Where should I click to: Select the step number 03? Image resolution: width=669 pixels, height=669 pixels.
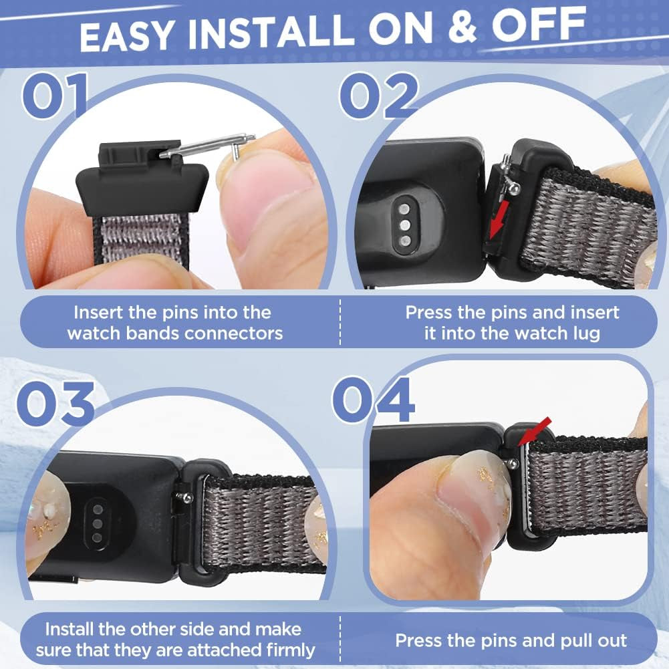[56, 403]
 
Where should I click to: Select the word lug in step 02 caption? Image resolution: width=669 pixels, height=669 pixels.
[586, 334]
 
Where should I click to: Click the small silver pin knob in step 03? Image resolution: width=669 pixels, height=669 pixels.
[186, 496]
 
